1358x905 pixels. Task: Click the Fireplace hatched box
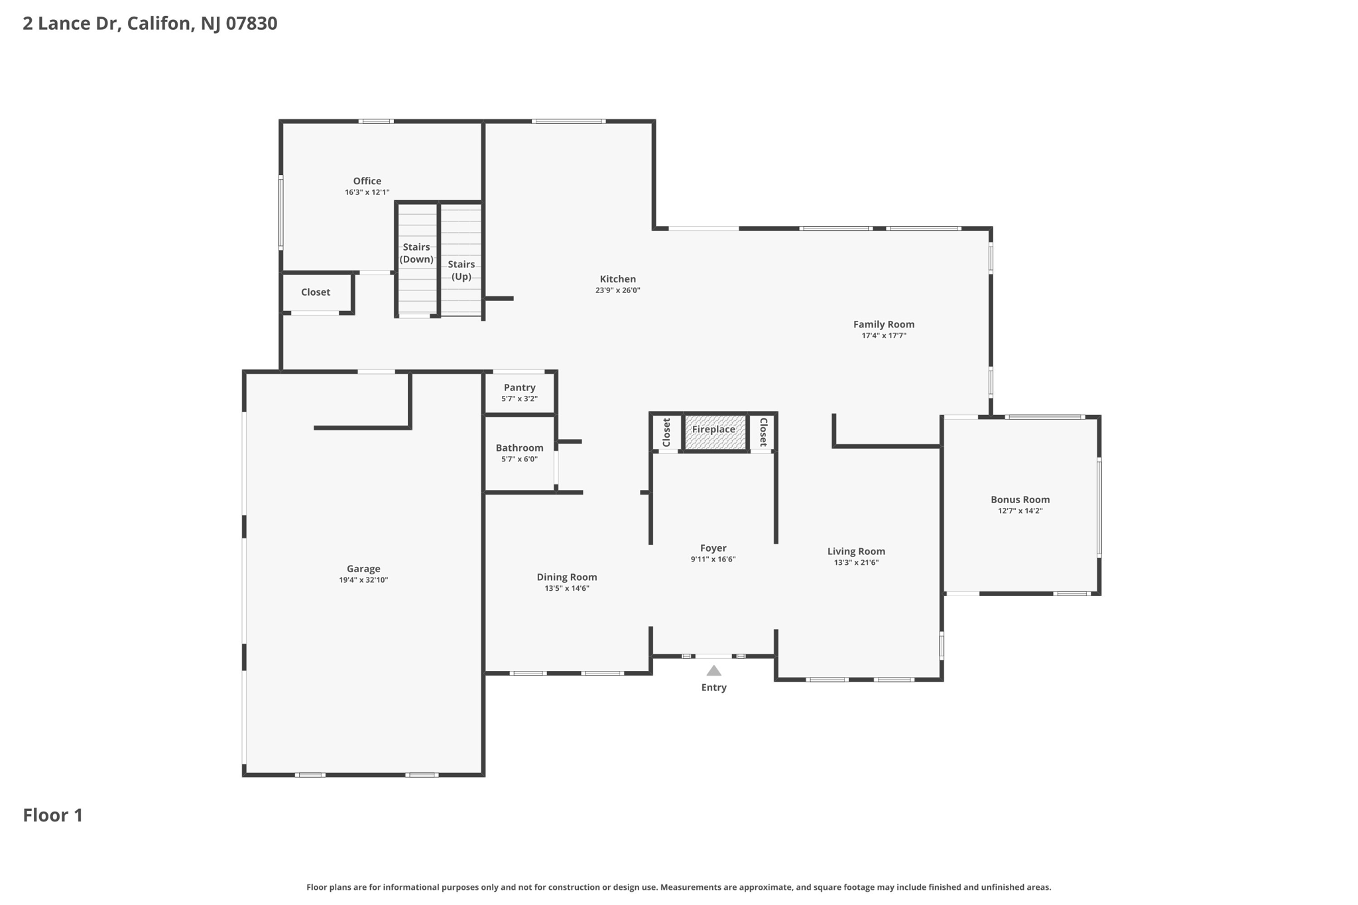(714, 432)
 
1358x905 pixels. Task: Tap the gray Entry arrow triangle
(713, 671)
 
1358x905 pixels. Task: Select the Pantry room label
(519, 388)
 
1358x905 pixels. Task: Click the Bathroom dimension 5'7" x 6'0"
(519, 459)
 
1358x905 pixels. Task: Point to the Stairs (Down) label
(416, 253)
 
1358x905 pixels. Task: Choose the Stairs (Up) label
(461, 271)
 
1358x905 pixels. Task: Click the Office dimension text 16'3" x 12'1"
(367, 192)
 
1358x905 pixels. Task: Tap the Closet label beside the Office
(316, 292)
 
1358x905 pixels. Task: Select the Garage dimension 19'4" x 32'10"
(363, 580)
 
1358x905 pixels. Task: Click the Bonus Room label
(1020, 500)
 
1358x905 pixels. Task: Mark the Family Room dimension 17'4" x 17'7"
(883, 335)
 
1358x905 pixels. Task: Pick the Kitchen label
(617, 279)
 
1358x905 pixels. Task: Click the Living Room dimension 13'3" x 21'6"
(856, 563)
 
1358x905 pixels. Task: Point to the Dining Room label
(566, 577)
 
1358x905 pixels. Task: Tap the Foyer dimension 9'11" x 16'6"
(713, 560)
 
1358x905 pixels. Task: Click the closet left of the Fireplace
(666, 432)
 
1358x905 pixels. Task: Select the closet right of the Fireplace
(763, 432)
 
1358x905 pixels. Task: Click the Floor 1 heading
(53, 815)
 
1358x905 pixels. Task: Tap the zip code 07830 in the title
(251, 24)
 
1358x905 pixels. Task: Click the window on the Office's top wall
(376, 121)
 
